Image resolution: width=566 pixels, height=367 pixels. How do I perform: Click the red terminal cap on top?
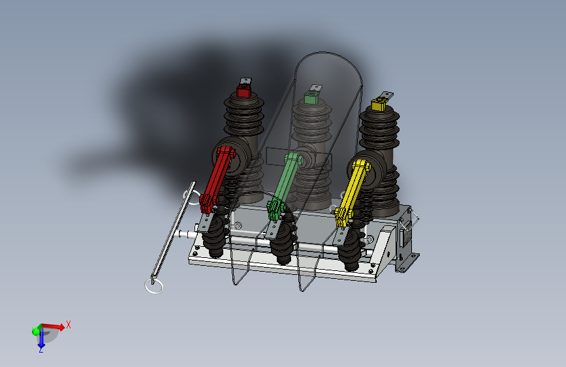[x=244, y=90]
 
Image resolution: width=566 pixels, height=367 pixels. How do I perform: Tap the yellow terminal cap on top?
[x=378, y=104]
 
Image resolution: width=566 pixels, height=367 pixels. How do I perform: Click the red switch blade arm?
[x=217, y=178]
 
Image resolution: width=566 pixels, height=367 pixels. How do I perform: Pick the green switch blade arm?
[x=285, y=185]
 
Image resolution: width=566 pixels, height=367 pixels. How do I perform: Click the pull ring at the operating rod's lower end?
[x=154, y=286]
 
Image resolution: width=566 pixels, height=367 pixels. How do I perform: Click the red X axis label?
[x=69, y=325]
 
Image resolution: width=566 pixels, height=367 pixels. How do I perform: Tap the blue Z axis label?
[x=40, y=349]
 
